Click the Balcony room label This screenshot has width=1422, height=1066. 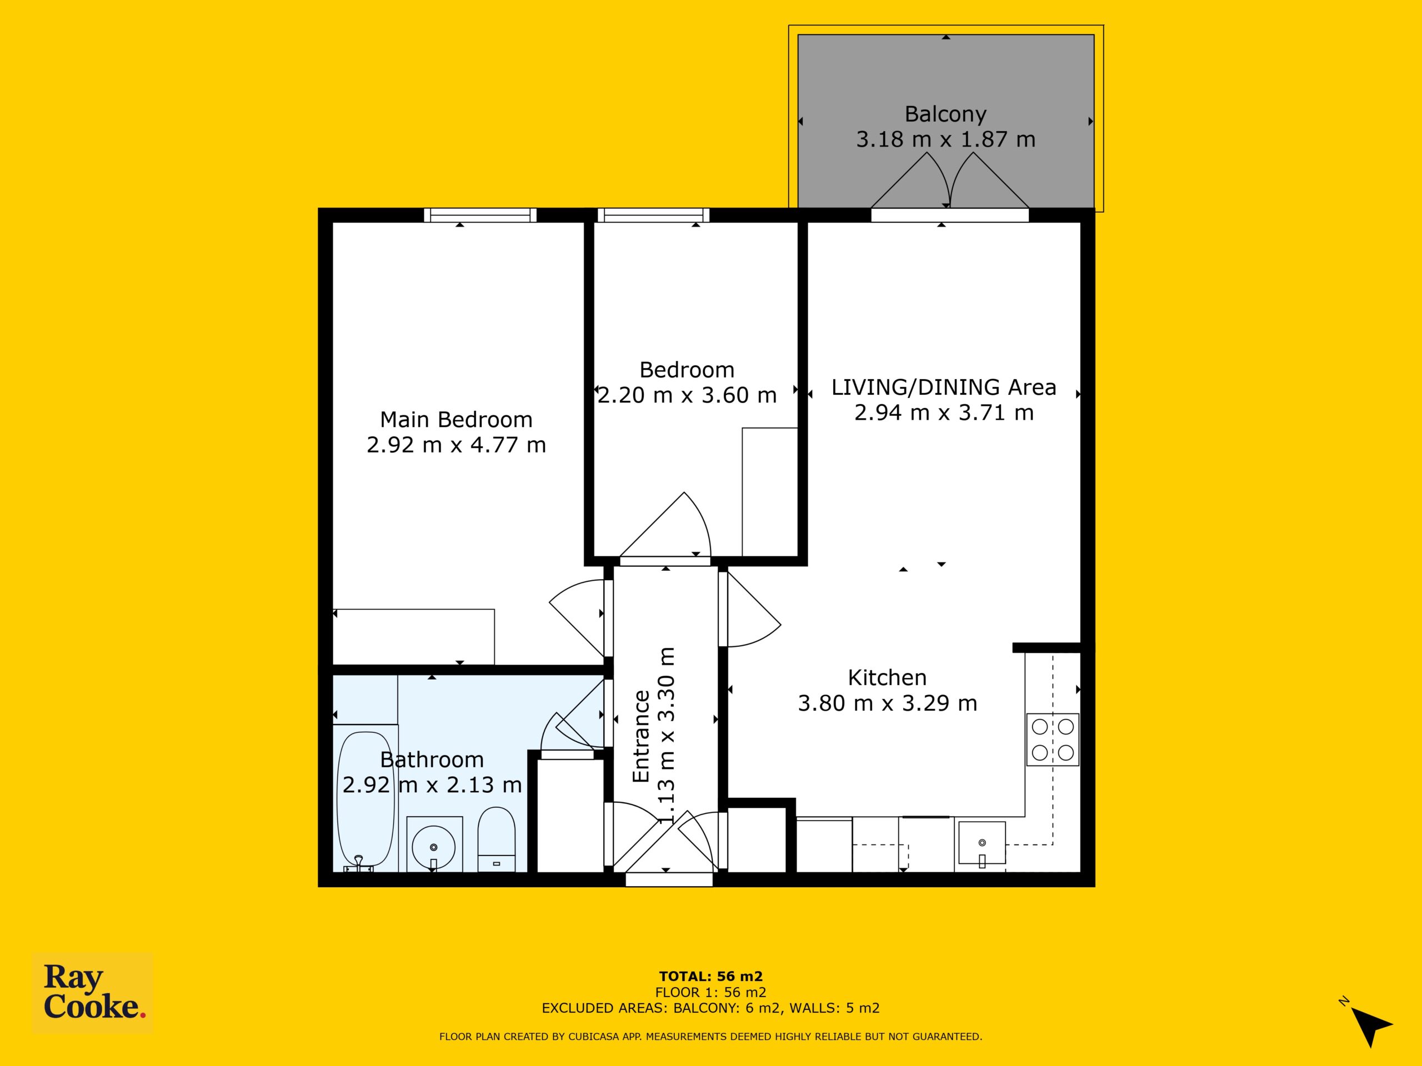coord(945,114)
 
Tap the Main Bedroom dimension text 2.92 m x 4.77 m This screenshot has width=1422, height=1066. coord(457,445)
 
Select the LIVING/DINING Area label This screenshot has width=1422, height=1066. coord(944,388)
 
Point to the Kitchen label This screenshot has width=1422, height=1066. coord(887,678)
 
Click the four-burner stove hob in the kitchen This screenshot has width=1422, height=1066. coord(1053,739)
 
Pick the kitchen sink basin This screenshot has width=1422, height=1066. coord(982,842)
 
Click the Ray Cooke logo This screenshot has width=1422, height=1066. coord(93,993)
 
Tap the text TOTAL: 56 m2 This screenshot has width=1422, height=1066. coord(710,977)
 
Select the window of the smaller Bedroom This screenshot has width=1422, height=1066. coord(653,215)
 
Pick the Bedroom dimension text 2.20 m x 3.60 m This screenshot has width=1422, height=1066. coord(687,395)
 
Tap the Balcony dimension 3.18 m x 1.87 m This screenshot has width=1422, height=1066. coord(945,139)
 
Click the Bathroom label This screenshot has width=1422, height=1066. coord(432,760)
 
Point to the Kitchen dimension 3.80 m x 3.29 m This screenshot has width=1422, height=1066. coord(888,703)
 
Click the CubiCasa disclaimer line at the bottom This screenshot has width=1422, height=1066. coord(710,1037)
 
